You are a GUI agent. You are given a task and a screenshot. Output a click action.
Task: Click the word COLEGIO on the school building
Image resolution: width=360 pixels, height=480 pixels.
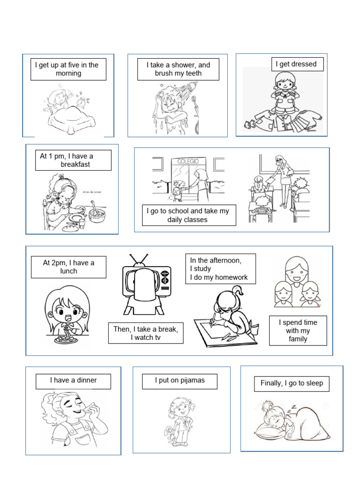(188, 161)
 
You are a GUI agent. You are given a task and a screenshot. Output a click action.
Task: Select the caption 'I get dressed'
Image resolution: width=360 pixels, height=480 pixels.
(296, 64)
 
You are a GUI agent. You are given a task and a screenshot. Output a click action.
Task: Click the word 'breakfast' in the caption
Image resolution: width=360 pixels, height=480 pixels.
(75, 165)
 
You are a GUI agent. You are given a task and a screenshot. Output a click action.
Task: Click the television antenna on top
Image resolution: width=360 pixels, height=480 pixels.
(139, 260)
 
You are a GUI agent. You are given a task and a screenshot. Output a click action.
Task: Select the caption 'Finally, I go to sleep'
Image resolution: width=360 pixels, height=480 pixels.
(292, 383)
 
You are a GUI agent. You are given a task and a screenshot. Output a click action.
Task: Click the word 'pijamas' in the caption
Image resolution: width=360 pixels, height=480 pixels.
(192, 381)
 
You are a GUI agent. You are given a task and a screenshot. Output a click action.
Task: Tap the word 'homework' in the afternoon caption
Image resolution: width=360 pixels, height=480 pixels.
(231, 277)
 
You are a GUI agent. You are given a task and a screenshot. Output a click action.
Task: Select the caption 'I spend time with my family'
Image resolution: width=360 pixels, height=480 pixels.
(298, 330)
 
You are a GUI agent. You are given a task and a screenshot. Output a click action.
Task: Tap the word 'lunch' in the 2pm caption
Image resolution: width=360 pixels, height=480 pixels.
(68, 271)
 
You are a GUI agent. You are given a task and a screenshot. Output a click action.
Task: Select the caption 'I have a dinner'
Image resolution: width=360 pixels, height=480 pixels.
(74, 380)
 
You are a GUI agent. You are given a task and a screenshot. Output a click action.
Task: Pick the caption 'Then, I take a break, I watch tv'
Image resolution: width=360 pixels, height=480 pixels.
(146, 333)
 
